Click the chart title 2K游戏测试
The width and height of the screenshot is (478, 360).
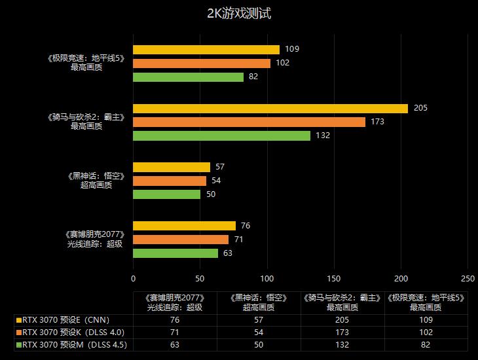[238, 14]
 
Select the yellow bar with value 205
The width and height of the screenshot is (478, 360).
[270, 108]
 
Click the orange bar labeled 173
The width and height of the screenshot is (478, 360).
[249, 122]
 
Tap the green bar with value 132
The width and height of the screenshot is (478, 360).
[221, 135]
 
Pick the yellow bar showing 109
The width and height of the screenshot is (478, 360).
[206, 49]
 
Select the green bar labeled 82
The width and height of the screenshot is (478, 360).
[188, 77]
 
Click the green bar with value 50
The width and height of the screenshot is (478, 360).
[167, 194]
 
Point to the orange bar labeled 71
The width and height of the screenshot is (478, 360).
[181, 240]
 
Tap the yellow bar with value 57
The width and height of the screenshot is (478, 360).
[172, 167]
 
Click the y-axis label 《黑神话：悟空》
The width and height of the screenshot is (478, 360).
[96, 176]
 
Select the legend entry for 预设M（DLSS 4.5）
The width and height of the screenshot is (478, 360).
[74, 344]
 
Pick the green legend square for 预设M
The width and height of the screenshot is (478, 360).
[18, 344]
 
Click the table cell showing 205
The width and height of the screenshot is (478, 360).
[343, 320]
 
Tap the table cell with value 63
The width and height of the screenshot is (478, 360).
[175, 344]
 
